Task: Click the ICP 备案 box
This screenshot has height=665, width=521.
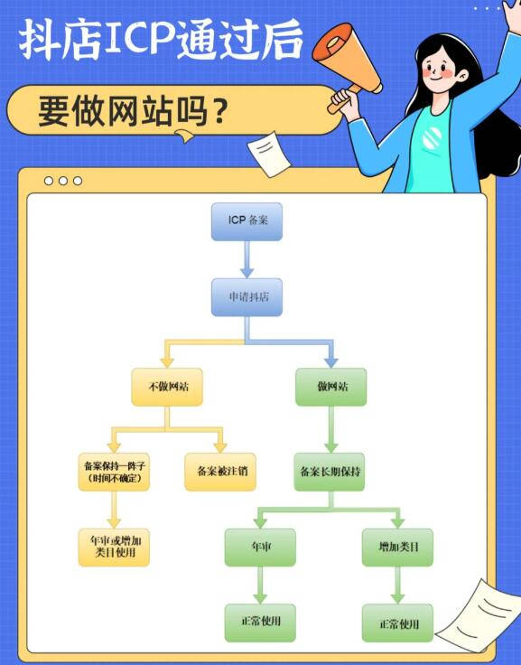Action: [247, 221]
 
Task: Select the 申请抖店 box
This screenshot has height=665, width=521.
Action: [247, 297]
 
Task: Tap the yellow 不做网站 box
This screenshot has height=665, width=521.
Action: [167, 387]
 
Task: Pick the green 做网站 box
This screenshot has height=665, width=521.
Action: [331, 387]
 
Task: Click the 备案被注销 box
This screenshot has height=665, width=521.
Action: [220, 472]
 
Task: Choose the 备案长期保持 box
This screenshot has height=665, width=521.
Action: [330, 472]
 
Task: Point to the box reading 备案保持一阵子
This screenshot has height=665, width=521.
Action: [114, 472]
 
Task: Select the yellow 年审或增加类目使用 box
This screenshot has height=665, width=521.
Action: [114, 548]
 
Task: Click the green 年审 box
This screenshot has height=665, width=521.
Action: [260, 548]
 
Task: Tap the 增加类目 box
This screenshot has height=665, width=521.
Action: [397, 548]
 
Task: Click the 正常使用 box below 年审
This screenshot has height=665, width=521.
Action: [260, 623]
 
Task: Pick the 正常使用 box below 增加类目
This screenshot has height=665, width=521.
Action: [397, 623]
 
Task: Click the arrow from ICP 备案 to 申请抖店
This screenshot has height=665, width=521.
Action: [247, 259]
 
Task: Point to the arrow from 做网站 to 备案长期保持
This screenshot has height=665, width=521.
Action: [331, 429]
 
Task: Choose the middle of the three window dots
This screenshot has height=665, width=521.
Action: [63, 181]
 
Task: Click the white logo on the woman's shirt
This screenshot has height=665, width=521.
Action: [432, 138]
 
